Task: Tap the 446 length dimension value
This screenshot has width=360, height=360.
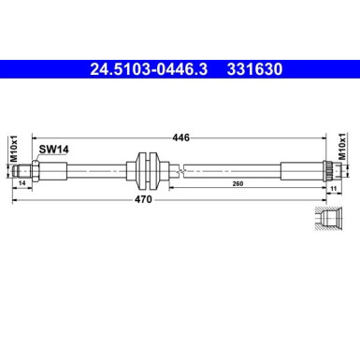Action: tap(181, 137)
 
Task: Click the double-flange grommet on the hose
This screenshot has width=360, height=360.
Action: tap(144, 171)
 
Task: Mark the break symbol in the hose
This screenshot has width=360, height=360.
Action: tap(186, 171)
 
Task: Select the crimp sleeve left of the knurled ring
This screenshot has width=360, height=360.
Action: tap(295, 171)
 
